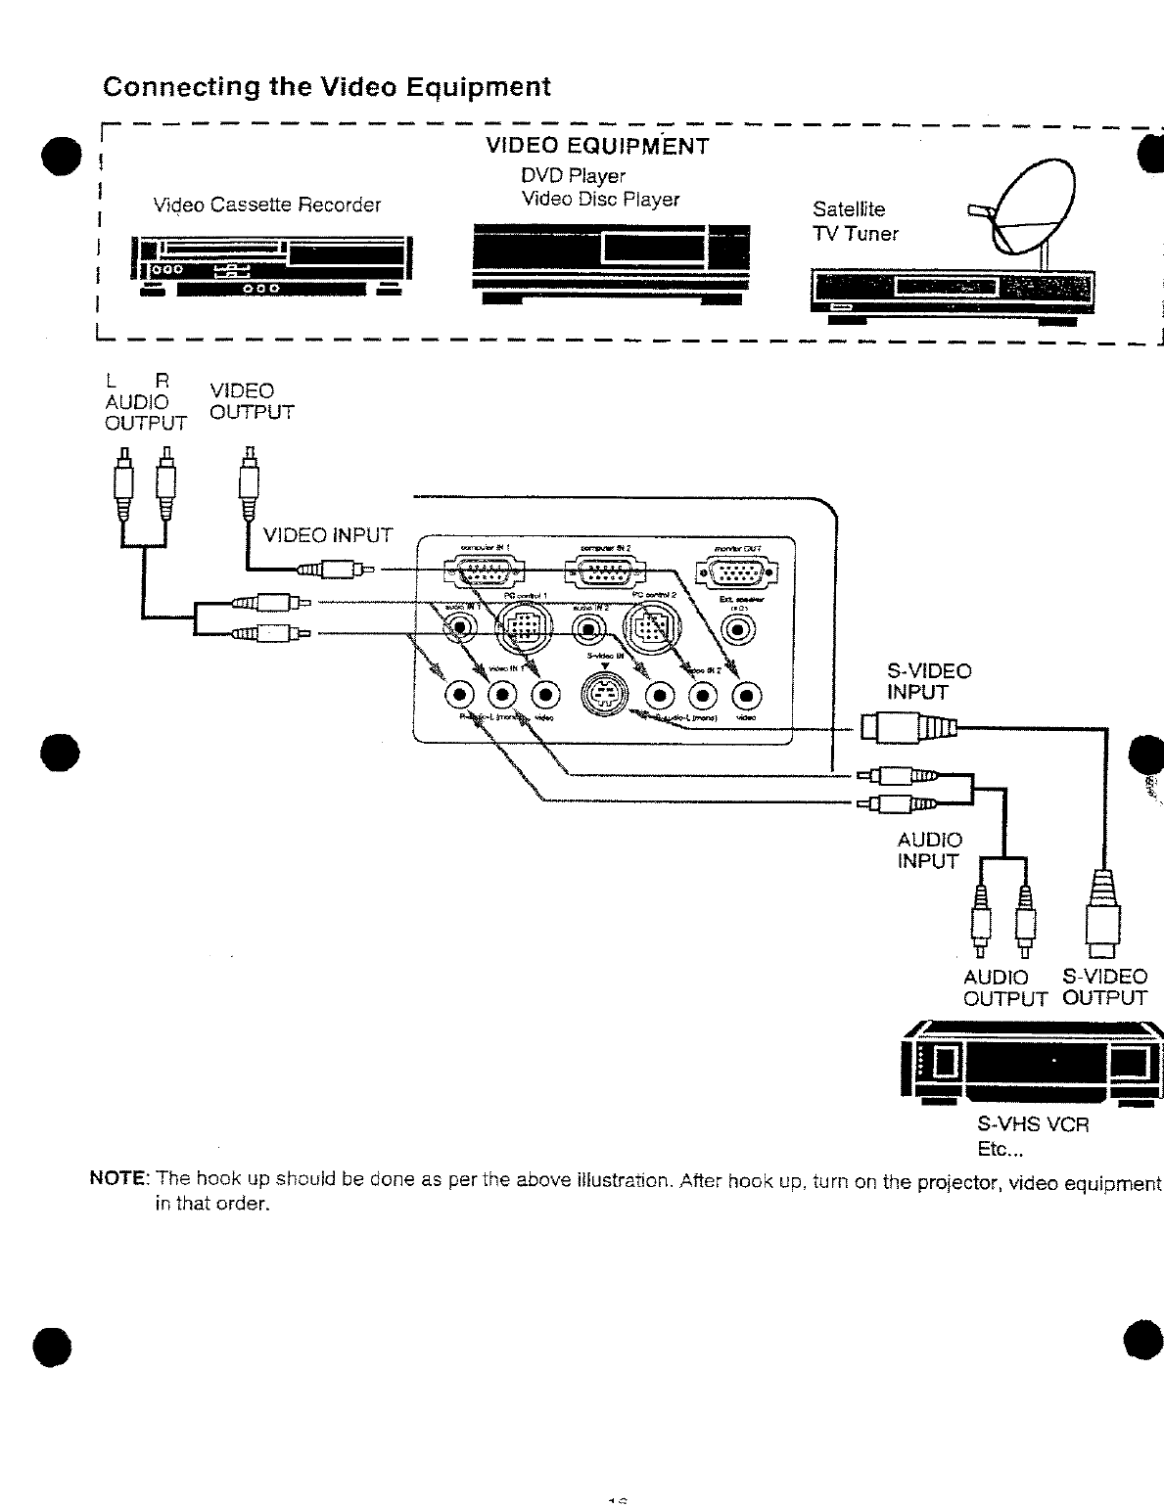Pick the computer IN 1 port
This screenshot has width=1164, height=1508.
(483, 573)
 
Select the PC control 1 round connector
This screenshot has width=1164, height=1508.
(520, 627)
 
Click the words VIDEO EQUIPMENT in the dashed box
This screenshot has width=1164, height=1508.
(597, 147)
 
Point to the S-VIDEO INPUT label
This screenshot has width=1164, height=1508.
(928, 681)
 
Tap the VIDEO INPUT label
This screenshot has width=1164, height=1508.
(328, 535)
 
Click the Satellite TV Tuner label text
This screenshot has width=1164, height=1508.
(855, 221)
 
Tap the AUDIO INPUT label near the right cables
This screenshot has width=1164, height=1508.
(929, 850)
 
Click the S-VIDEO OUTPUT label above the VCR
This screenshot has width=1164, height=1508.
(1104, 987)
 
